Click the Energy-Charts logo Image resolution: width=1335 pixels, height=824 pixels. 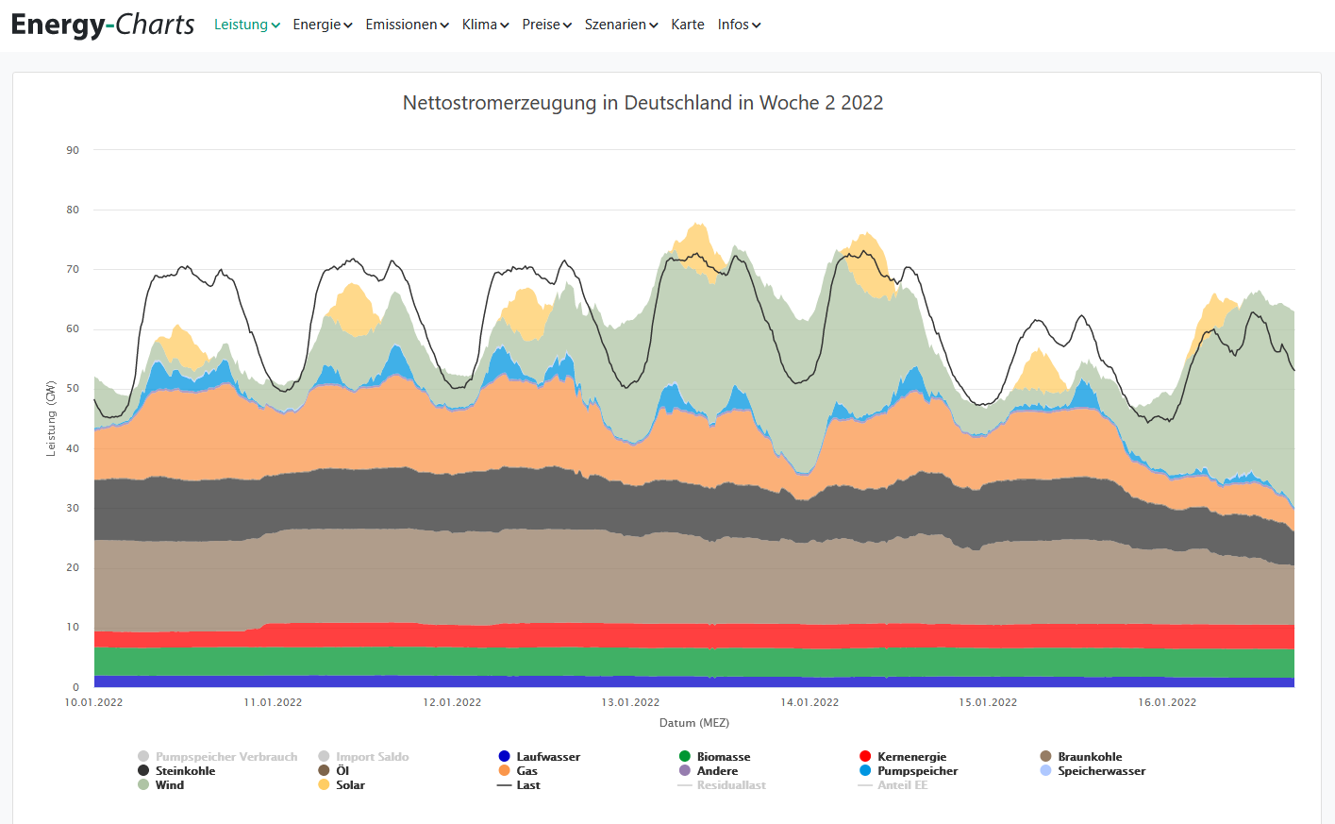pyautogui.click(x=103, y=25)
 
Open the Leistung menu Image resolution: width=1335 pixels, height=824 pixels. pyautogui.click(x=246, y=25)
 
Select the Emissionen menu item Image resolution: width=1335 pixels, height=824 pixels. pyautogui.click(x=407, y=25)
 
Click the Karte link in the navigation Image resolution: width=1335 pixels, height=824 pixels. pyautogui.click(x=688, y=25)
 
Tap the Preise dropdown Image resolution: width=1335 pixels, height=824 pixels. pyautogui.click(x=546, y=25)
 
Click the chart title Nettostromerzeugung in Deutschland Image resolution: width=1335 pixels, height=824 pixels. pyautogui.click(x=642, y=103)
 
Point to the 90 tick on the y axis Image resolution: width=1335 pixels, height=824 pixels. pyautogui.click(x=73, y=150)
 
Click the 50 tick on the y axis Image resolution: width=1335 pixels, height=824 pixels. pyautogui.click(x=73, y=389)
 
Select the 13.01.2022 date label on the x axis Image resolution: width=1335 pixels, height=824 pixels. pyautogui.click(x=630, y=702)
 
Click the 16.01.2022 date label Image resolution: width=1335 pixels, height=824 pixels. pyautogui.click(x=1167, y=702)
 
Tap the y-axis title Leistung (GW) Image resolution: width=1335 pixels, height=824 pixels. pyautogui.click(x=51, y=418)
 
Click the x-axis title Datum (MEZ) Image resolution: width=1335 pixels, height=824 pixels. pyautogui.click(x=694, y=723)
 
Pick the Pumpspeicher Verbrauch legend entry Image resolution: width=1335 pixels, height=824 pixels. pyautogui.click(x=225, y=757)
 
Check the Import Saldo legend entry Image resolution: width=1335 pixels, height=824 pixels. pyautogui.click(x=372, y=757)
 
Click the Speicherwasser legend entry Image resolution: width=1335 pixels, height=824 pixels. pyautogui.click(x=1101, y=771)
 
